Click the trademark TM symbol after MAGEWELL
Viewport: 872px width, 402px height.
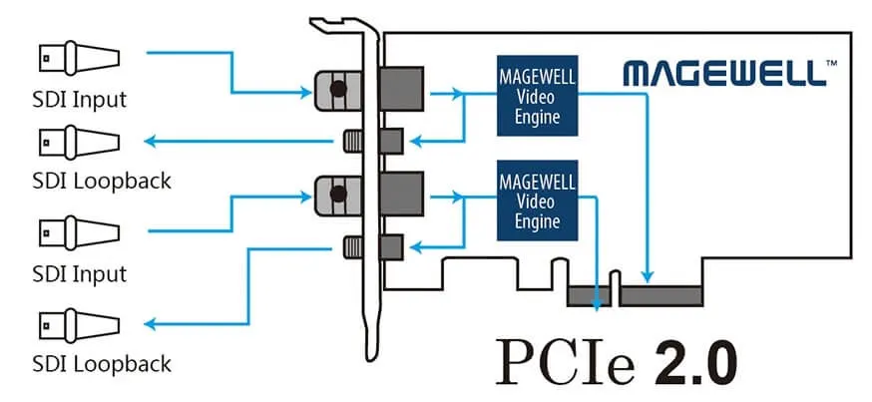pos(831,63)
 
